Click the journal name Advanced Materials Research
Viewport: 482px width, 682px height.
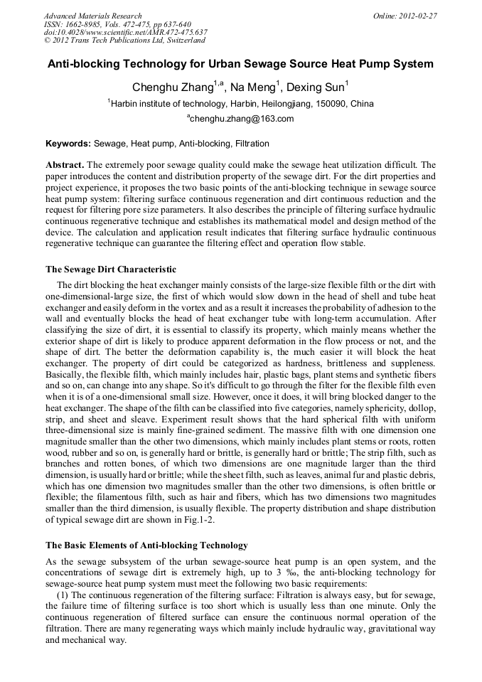point(92,16)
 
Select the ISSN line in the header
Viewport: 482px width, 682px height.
point(117,24)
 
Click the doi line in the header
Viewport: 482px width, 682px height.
point(125,32)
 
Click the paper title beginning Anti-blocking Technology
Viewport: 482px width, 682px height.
point(240,64)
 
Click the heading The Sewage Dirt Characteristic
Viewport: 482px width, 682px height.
point(110,270)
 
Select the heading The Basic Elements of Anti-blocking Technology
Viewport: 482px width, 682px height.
point(146,545)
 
